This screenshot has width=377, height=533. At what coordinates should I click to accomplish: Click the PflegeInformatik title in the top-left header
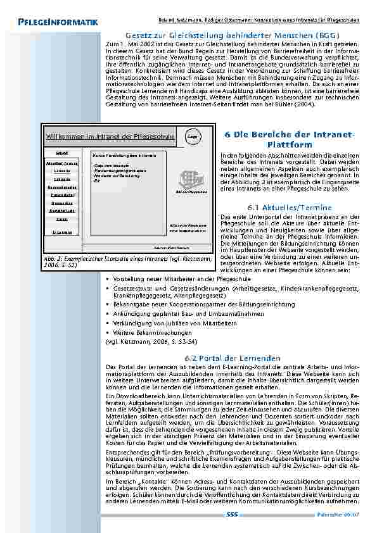click(58, 23)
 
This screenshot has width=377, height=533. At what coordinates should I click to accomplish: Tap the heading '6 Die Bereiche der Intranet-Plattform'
click(291, 140)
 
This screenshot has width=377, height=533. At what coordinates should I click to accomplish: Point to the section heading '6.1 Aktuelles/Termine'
click(290, 207)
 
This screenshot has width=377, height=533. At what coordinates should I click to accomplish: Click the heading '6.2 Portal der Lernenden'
click(233, 358)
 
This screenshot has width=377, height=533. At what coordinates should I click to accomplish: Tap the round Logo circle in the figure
click(192, 135)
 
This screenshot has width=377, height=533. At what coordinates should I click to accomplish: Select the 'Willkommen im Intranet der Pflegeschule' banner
click(110, 136)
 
